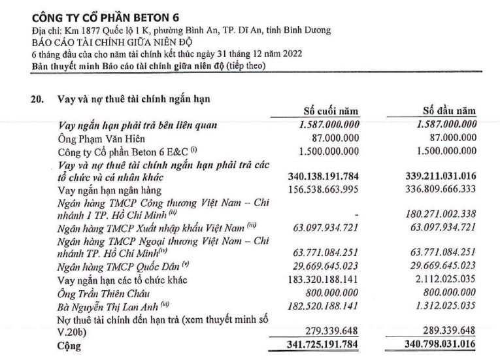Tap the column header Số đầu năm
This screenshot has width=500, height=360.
pos(448,112)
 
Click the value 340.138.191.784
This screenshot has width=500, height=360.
pos(324,176)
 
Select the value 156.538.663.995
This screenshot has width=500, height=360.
pos(324,189)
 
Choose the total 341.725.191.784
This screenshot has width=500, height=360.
pos(324,344)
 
